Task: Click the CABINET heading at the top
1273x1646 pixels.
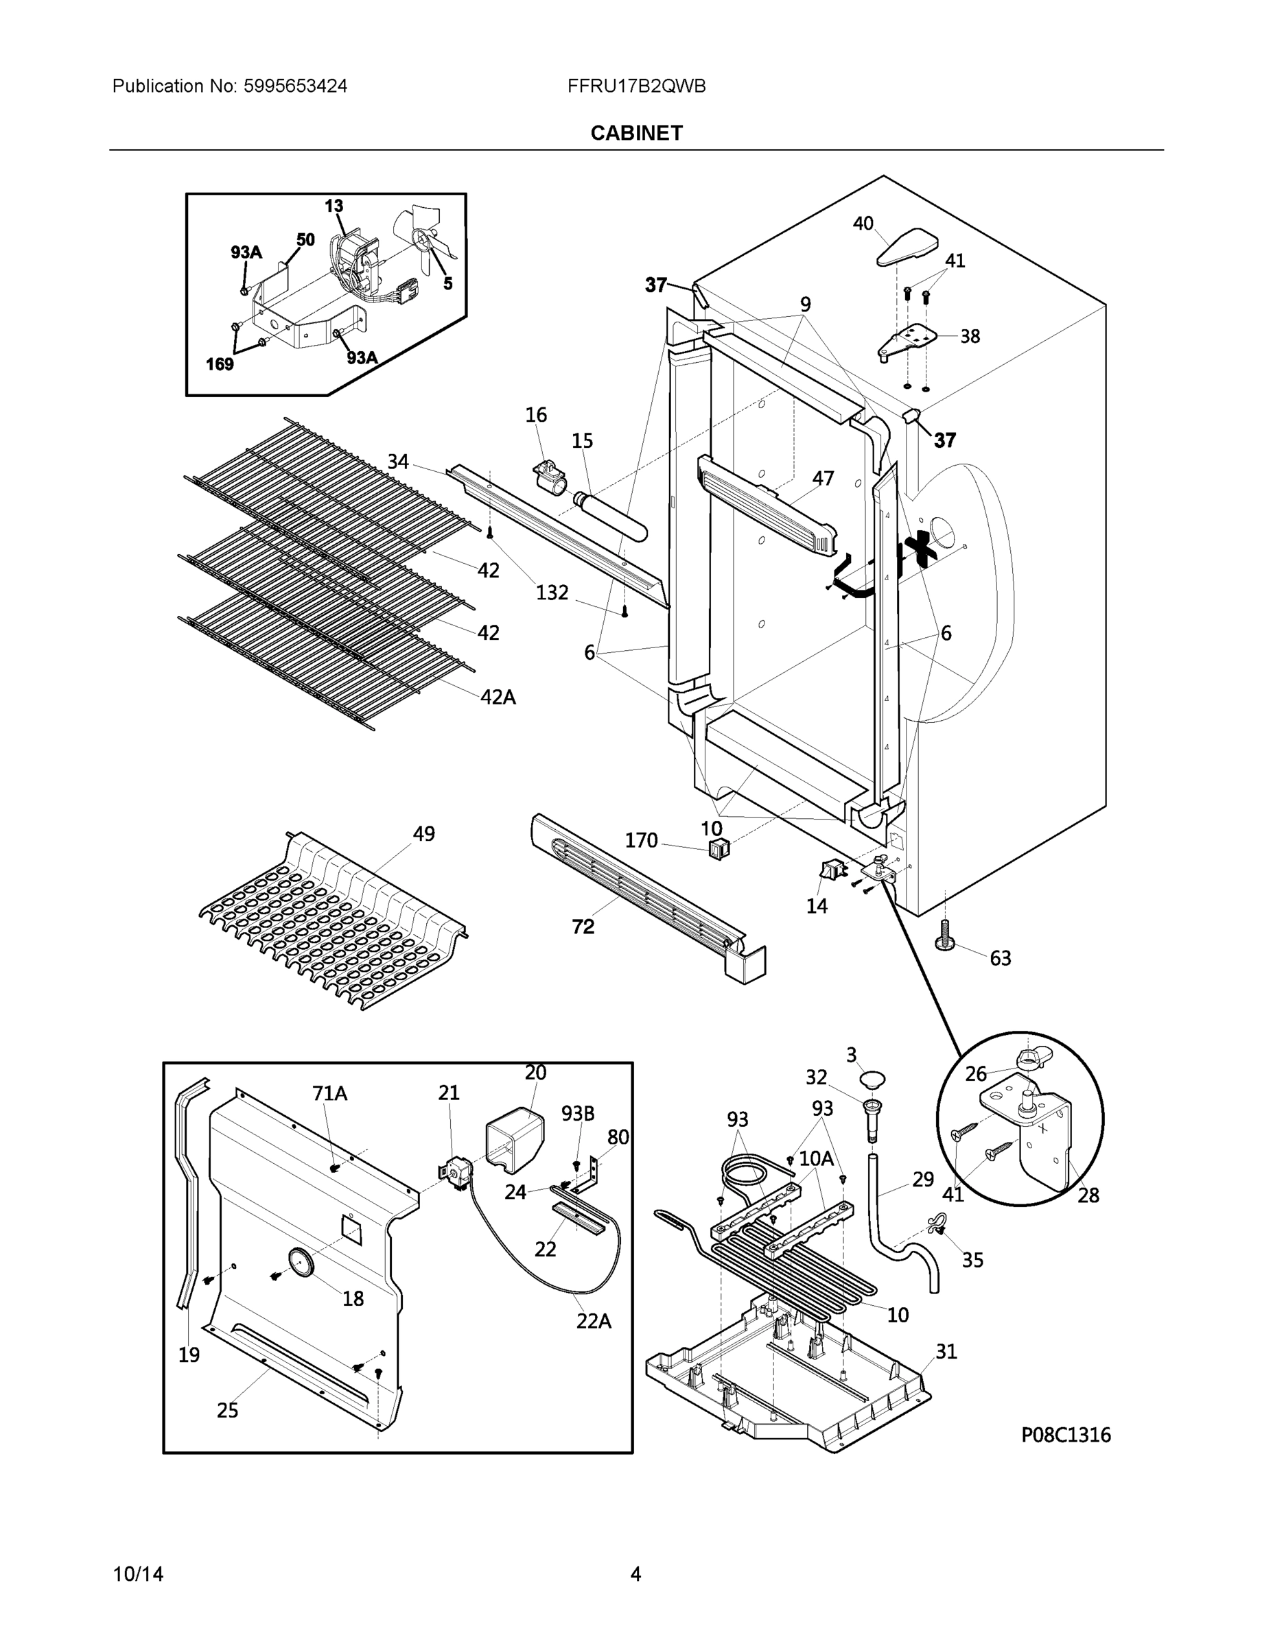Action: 635,134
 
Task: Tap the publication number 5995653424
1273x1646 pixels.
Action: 295,86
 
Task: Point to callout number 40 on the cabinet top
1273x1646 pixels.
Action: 863,224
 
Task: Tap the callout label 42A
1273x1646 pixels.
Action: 498,697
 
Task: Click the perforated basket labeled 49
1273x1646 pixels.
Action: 332,923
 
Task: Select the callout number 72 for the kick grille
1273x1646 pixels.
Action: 583,927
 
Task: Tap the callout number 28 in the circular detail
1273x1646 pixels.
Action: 1088,1195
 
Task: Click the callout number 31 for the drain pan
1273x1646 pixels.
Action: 946,1351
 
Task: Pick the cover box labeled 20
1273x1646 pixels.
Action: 515,1138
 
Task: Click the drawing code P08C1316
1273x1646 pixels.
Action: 1066,1435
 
